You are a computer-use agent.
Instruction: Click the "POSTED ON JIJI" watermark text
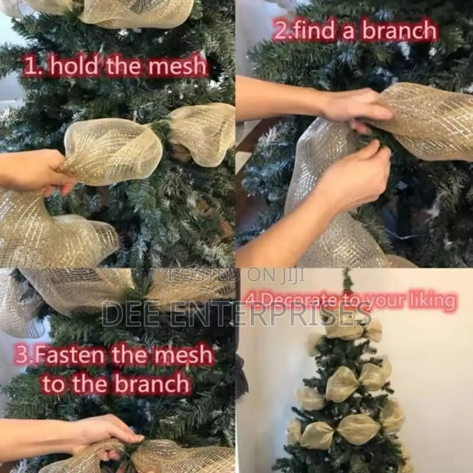(x=237, y=276)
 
